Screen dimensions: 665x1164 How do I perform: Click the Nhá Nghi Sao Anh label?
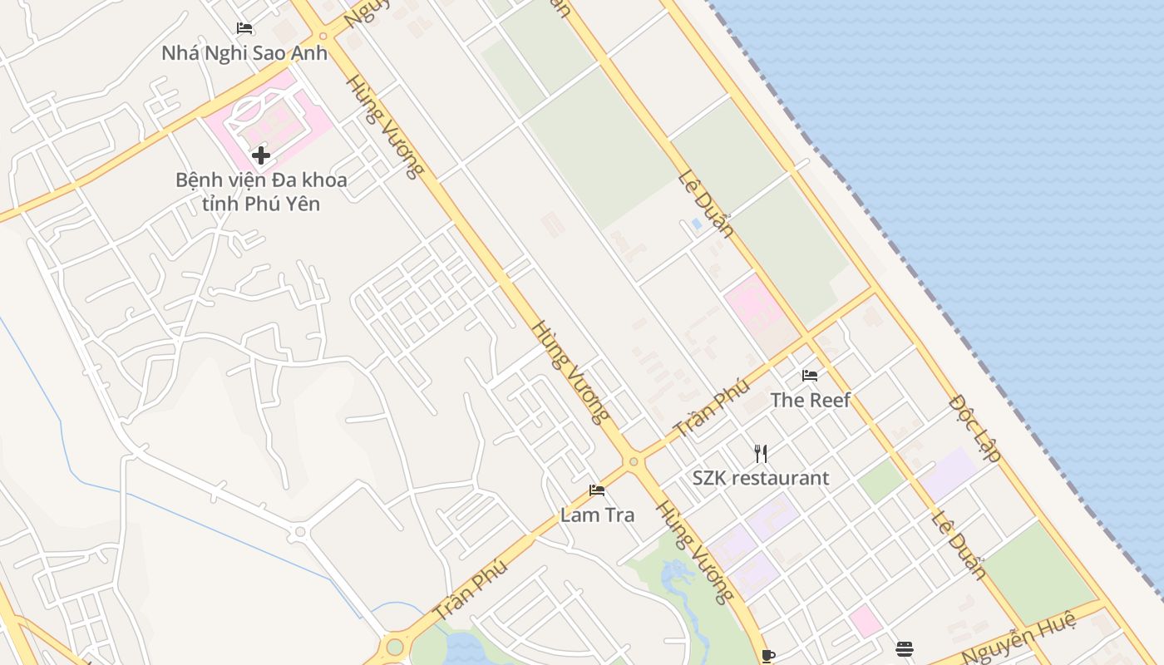tap(244, 53)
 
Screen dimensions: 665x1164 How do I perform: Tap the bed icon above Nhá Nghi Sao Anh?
tap(244, 28)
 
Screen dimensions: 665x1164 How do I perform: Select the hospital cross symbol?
tap(261, 155)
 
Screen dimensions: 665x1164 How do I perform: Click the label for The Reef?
tap(810, 400)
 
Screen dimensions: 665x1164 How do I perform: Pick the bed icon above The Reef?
tap(810, 376)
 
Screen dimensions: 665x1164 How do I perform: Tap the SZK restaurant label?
tap(761, 478)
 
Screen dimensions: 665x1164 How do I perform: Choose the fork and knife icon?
tap(761, 453)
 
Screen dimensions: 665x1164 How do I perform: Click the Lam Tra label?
tap(597, 515)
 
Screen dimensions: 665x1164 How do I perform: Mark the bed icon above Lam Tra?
tap(597, 490)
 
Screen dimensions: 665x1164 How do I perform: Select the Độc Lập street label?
tap(974, 428)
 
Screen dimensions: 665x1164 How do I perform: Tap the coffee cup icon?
tap(768, 656)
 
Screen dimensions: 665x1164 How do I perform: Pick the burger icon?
tap(905, 648)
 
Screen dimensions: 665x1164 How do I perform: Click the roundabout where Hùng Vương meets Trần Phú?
tap(634, 461)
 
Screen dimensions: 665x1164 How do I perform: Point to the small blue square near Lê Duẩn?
tap(696, 224)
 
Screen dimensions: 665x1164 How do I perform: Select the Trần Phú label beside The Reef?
tap(712, 409)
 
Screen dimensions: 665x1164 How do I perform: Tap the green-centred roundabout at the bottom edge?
tap(395, 647)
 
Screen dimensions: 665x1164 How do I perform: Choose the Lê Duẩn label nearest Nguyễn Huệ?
tap(958, 544)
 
